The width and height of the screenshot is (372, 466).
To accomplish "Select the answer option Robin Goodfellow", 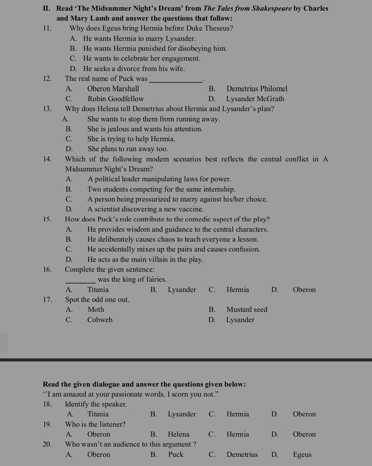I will click(115, 99).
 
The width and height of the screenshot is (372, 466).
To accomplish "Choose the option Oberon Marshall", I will click(113, 89).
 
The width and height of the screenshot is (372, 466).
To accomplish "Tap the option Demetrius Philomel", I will click(256, 89).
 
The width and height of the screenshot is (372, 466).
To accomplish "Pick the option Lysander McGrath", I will click(255, 99).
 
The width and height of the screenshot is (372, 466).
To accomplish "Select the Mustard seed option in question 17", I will click(246, 310).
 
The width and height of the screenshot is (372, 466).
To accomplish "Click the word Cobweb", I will click(100, 320).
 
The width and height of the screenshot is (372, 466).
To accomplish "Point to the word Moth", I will click(95, 310).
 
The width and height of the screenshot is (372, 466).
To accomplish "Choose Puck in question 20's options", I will click(176, 455).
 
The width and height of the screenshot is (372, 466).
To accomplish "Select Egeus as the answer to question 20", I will click(302, 455).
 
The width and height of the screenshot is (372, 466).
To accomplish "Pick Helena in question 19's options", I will click(179, 434).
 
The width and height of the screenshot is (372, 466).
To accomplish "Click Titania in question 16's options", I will click(98, 290).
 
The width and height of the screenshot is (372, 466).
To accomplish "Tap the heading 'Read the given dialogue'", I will click(144, 384).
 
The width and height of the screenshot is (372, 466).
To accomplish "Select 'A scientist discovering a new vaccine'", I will click(145, 209).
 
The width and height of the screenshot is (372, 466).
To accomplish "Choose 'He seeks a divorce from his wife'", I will click(134, 69).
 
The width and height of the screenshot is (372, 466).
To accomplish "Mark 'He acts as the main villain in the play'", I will click(145, 260).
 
